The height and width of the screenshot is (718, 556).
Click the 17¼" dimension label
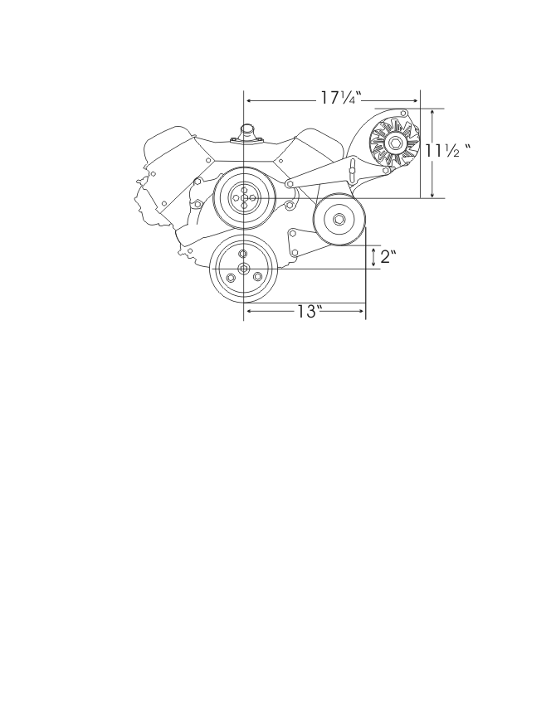[340, 98]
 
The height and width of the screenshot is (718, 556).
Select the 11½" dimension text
[447, 150]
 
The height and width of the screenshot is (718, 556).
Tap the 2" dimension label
[388, 256]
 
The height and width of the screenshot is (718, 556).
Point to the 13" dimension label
[307, 312]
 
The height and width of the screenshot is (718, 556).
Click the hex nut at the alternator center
[394, 143]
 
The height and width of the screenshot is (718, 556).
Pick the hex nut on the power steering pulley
[339, 220]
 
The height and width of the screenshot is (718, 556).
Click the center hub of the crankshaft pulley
[243, 269]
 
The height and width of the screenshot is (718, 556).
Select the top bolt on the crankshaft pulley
[243, 254]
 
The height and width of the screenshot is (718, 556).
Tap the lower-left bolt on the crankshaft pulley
[231, 278]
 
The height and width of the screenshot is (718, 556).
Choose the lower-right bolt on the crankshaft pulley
[257, 277]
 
